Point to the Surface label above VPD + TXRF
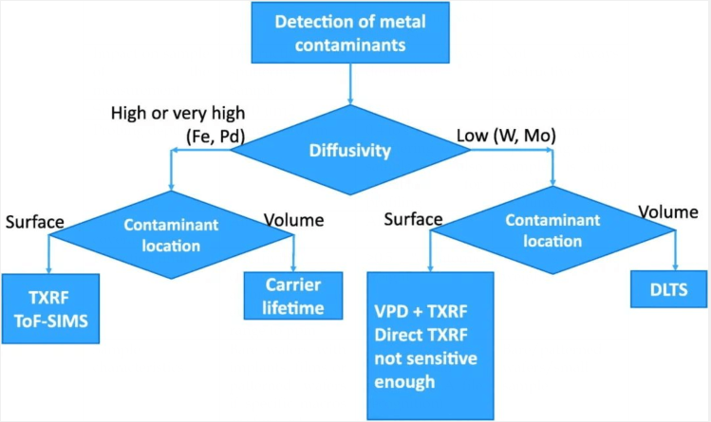click(413, 220)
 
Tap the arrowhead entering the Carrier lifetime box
click(294, 267)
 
